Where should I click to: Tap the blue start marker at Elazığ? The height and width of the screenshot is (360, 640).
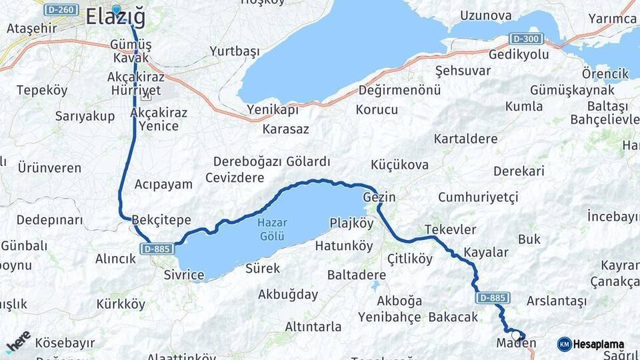117,9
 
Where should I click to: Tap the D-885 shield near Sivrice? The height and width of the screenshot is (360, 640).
157,249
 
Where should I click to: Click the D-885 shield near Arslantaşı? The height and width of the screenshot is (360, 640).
492,298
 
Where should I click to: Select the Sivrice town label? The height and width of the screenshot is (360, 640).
183,275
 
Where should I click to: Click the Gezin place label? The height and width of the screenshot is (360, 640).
379,197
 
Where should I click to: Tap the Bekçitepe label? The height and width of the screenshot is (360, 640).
161,220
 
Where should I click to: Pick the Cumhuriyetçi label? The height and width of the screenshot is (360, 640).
478,197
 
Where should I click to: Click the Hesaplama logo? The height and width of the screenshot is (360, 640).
591,344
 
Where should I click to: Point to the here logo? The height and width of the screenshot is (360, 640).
18,342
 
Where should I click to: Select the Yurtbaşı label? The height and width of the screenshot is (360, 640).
234,51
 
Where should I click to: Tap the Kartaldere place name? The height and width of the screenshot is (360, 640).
465,139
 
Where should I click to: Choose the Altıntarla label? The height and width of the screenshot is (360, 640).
313,327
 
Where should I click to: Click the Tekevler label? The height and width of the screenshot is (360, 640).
450,229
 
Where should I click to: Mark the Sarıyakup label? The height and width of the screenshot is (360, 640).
85,116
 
